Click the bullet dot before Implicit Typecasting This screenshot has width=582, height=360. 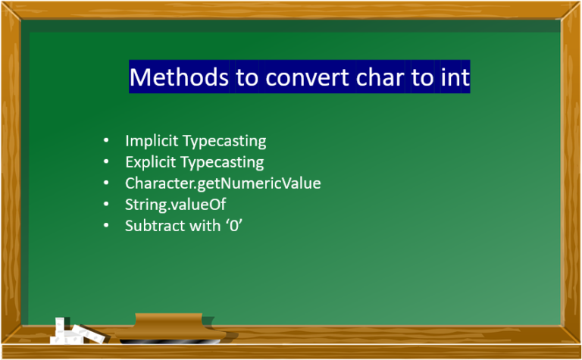click(x=107, y=141)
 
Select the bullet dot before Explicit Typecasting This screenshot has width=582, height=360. click(x=107, y=162)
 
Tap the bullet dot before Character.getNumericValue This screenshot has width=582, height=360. click(x=107, y=183)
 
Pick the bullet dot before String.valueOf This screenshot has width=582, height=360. click(x=107, y=205)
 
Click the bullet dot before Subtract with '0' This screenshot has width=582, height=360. click(x=107, y=226)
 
